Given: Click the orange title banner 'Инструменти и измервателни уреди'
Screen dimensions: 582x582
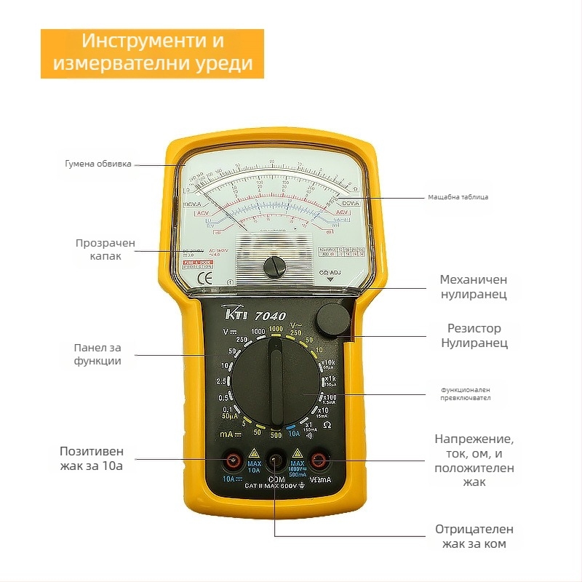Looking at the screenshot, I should pos(152,52).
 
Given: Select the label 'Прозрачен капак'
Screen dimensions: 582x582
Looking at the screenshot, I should pos(105,250).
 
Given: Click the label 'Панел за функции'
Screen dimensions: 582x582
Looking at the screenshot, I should pos(97,354).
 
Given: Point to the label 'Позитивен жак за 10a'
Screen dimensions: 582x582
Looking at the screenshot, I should pos(92,458).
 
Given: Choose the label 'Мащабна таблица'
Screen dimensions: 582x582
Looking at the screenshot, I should pos(458,197).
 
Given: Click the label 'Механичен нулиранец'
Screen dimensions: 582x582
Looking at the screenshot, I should pos(474,287).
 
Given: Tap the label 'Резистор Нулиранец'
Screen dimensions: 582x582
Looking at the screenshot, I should pos(474,335).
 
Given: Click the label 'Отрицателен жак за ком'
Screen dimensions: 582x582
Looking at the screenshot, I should pos(474,536).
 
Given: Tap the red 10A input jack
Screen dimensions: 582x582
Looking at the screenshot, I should pos(234,460).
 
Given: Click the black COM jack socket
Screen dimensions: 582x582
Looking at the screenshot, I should pos(276,460).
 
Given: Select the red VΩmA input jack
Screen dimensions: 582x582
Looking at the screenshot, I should pos(318,460).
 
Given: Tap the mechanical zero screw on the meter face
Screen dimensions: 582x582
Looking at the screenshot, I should pos(274,266).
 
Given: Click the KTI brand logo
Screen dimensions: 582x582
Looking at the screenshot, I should pos(237,314).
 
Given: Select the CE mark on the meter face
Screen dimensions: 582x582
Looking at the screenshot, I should pos(206,277).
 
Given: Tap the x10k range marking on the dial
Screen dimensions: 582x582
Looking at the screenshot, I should pos(327,364).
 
